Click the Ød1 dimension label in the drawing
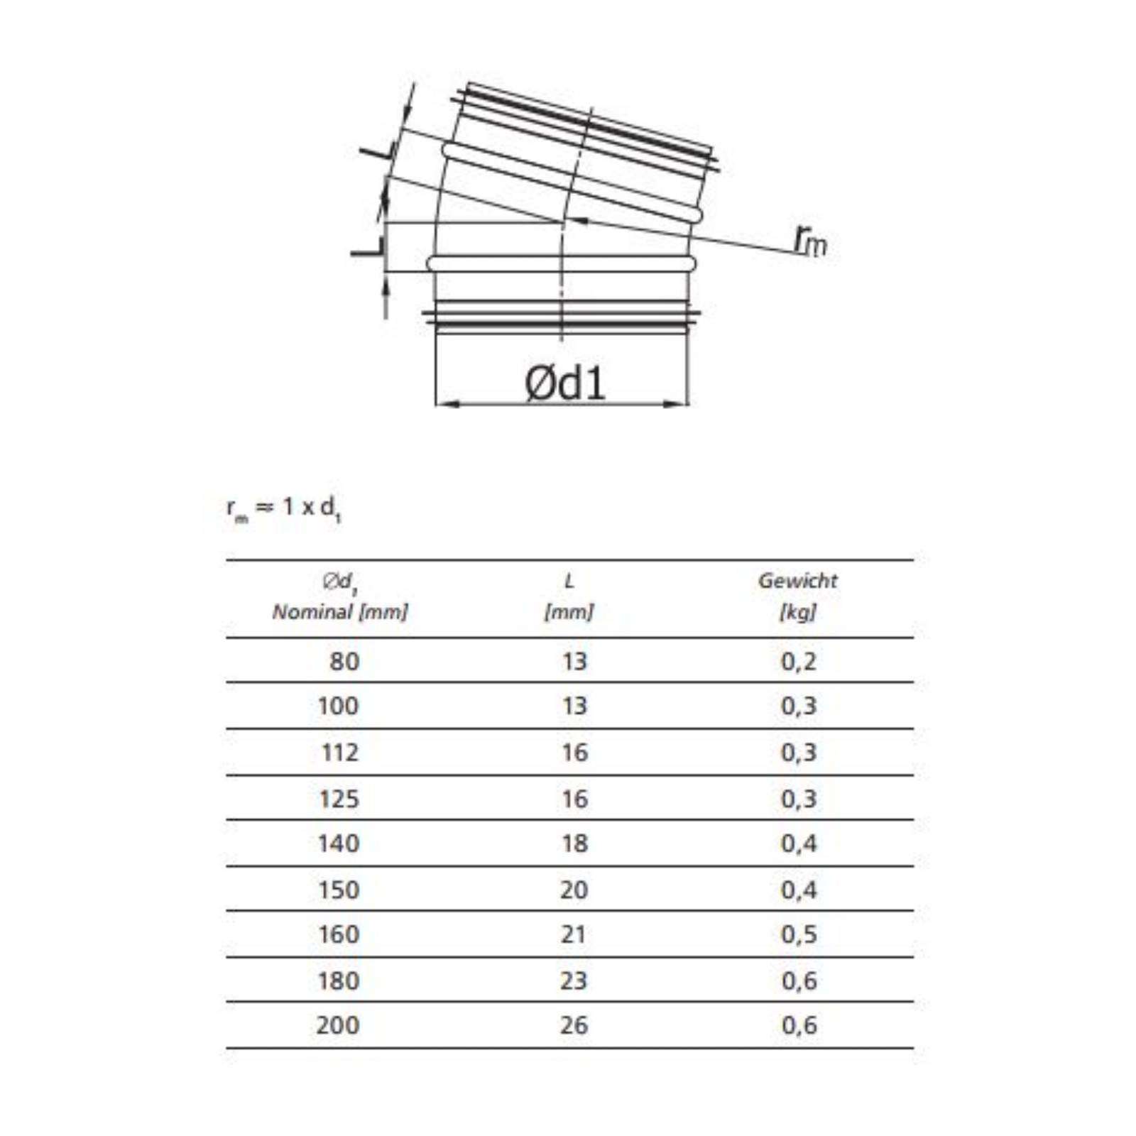pyautogui.click(x=564, y=383)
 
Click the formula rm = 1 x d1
pyautogui.click(x=284, y=508)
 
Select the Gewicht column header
pyautogui.click(x=797, y=581)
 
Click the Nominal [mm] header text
pyautogui.click(x=340, y=611)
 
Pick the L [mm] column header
pyautogui.click(x=569, y=596)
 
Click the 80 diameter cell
pyautogui.click(x=344, y=662)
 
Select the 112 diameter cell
pyautogui.click(x=340, y=753)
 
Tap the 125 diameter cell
pyautogui.click(x=339, y=799)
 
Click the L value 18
pyautogui.click(x=574, y=843)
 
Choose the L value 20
pyautogui.click(x=574, y=890)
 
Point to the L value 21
pyautogui.click(x=574, y=934)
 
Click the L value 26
pyautogui.click(x=574, y=1025)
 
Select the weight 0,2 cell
pyautogui.click(x=799, y=662)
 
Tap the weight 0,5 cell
pyautogui.click(x=799, y=934)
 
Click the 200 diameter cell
pyautogui.click(x=338, y=1025)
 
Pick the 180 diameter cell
pyautogui.click(x=339, y=981)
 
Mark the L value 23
pyautogui.click(x=574, y=981)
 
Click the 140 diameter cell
pyautogui.click(x=339, y=843)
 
